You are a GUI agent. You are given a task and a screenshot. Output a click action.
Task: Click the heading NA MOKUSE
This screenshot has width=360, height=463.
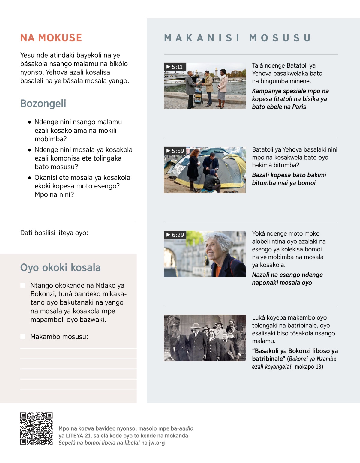[51, 38]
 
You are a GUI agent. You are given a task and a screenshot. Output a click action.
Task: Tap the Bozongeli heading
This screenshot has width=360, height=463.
[43, 104]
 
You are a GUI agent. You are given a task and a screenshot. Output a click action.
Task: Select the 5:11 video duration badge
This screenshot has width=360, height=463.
[175, 67]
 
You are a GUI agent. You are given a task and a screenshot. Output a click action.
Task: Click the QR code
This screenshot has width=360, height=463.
[36, 428]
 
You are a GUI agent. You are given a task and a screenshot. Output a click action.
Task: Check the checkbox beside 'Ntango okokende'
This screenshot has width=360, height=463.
[23, 285]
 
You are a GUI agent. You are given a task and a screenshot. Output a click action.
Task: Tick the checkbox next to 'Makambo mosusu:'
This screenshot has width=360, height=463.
[23, 337]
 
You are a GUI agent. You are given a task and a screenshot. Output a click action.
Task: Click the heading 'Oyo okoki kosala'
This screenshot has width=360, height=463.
[60, 268]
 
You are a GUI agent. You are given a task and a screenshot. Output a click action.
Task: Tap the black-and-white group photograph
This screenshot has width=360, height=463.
[205, 338]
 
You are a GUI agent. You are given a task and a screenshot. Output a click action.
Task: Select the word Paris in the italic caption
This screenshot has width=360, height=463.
[299, 107]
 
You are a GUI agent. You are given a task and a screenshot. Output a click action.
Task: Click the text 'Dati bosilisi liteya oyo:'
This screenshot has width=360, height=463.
[54, 233]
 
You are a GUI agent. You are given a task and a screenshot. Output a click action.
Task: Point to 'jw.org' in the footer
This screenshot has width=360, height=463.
[157, 443]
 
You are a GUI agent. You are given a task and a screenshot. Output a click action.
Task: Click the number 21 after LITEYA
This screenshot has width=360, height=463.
[88, 436]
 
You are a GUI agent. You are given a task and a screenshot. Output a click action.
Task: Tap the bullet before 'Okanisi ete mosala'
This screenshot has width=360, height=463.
[29, 178]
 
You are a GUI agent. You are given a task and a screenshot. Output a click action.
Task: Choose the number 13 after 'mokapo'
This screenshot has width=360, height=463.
[319, 367]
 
